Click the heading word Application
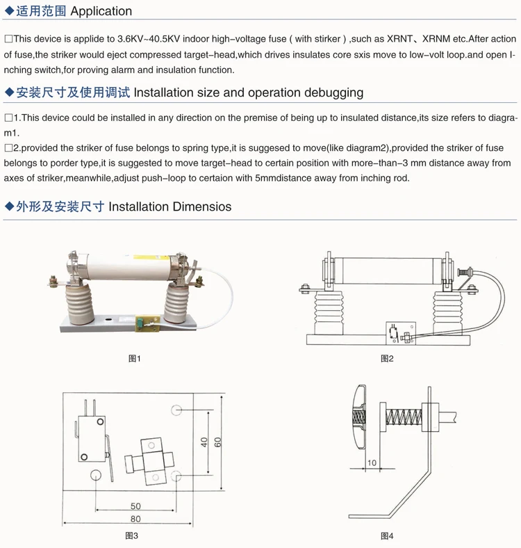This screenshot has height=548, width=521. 101,11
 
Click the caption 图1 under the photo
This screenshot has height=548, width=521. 134,359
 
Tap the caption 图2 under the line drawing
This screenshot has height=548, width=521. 387,359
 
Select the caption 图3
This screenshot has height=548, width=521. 132,535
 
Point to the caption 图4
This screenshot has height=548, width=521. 387,535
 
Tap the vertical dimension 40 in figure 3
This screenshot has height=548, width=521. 204,442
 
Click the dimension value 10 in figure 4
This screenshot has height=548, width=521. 372,462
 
